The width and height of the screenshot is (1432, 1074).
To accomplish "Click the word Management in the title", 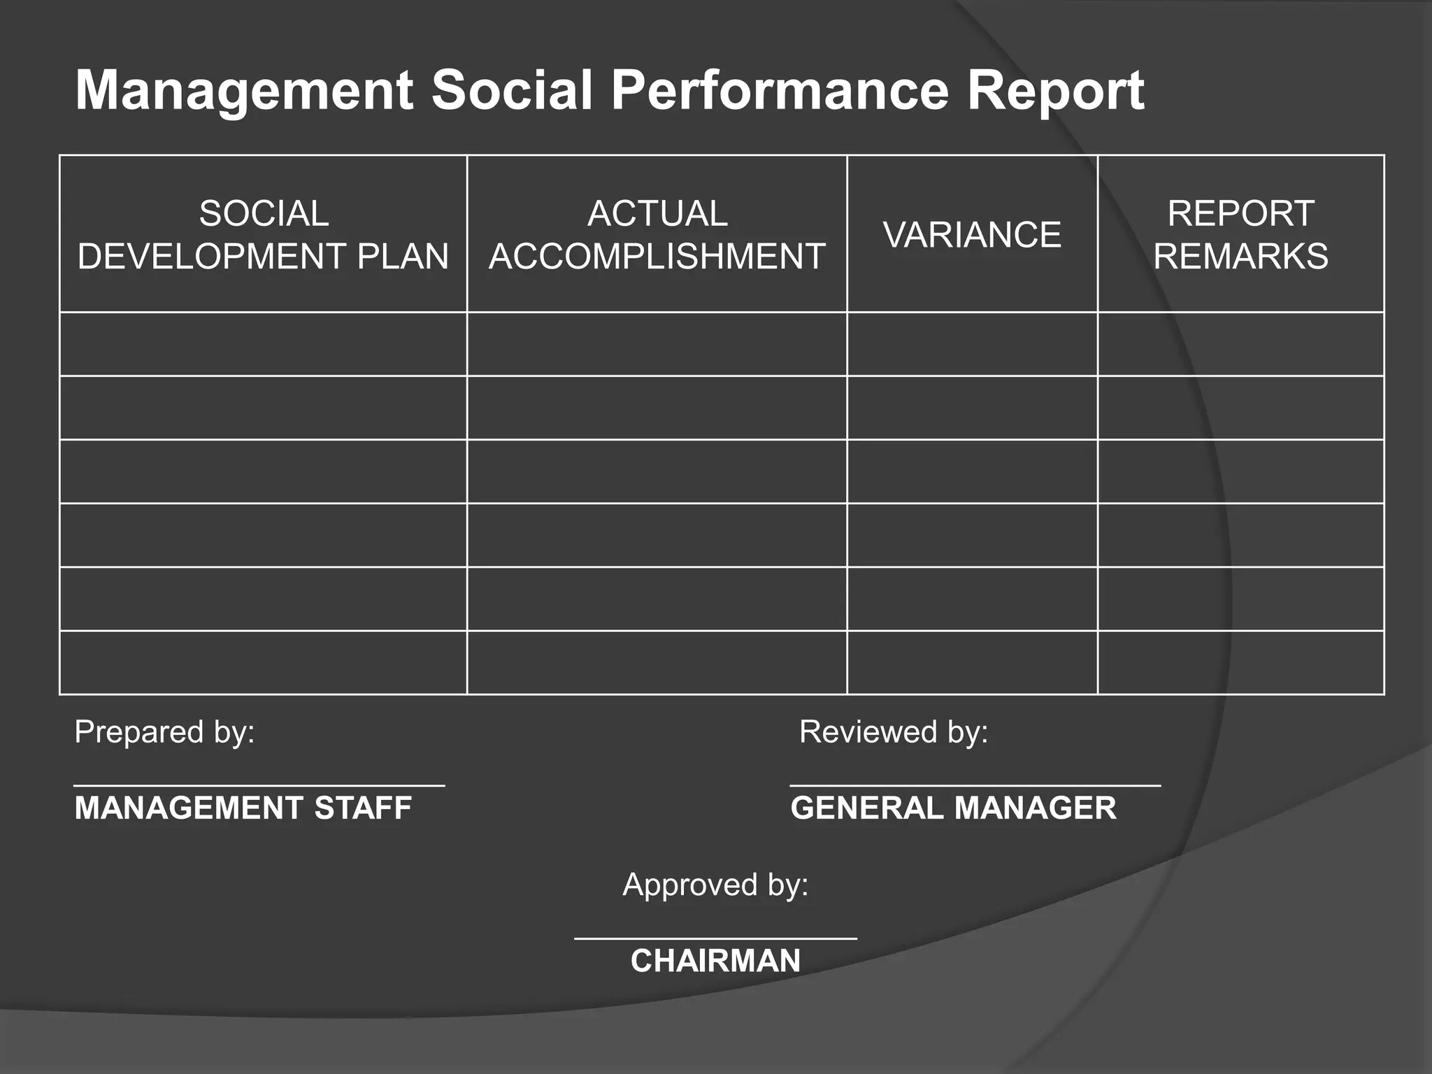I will [244, 91].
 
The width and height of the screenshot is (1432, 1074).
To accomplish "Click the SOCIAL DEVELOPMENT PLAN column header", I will [263, 234].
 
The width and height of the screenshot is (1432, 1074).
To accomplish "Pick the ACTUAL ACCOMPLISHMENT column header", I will [657, 234].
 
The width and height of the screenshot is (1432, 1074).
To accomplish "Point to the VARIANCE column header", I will [972, 234].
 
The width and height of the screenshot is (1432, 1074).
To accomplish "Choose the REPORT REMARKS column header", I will [1240, 234].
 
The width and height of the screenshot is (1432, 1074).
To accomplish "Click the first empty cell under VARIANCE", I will [972, 344].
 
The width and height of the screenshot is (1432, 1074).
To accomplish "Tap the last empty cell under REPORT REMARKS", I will [1240, 662].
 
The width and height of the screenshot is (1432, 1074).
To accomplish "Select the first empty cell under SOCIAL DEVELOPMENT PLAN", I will [263, 344].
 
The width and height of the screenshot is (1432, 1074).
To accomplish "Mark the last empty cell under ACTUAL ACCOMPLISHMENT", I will [657, 662].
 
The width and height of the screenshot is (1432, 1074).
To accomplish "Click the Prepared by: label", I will [164, 732].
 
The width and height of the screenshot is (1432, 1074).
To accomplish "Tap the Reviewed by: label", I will [894, 732].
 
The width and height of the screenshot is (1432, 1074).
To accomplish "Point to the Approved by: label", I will [715, 885].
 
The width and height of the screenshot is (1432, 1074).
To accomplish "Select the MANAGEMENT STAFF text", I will [243, 808].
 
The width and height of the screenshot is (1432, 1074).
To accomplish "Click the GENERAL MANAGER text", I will [953, 808].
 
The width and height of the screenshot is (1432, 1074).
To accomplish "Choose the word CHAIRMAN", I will [715, 961].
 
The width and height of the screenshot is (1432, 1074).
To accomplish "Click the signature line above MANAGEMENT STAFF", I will [259, 786].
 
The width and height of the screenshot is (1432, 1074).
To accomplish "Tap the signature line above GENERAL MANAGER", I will [975, 786].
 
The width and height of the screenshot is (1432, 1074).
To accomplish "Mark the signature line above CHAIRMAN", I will [715, 938].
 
